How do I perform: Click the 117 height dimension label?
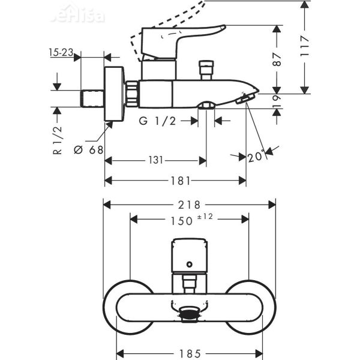tap(305, 46)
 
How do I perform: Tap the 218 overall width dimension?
tap(190, 205)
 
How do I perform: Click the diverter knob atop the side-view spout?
tap(207, 69)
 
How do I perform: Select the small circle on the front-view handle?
tap(190, 263)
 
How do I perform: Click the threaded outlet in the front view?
tap(190, 311)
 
